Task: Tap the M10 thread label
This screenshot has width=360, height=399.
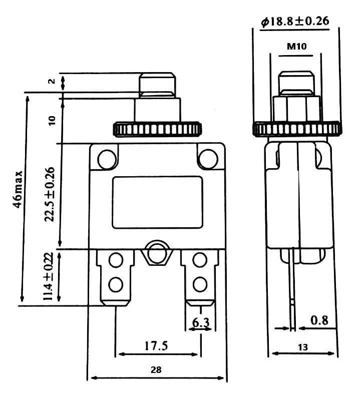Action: [x=296, y=47]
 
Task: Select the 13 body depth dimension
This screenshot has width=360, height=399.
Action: [x=302, y=346]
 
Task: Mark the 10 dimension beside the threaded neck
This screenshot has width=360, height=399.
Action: [x=52, y=120]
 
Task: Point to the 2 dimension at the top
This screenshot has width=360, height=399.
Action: [x=52, y=82]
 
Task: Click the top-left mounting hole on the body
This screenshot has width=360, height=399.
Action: [x=106, y=159]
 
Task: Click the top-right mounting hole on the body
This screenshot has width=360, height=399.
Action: [x=207, y=159]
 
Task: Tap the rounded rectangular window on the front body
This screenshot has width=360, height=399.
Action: [x=157, y=202]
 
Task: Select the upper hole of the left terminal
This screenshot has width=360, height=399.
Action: [x=116, y=260]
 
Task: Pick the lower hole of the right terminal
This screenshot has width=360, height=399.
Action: [x=200, y=284]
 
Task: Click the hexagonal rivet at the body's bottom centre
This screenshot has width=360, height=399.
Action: [x=157, y=254]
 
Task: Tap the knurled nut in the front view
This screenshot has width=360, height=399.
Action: [x=158, y=129]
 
